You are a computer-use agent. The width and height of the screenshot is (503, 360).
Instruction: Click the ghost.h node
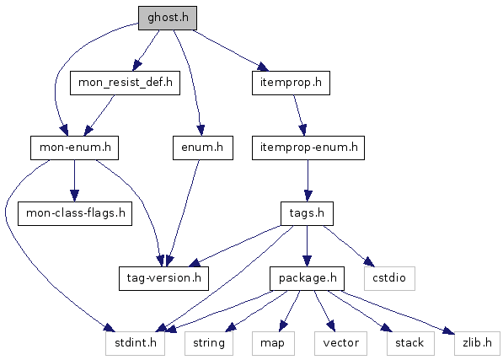(x=168, y=18)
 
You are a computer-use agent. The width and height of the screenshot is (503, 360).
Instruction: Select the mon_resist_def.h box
(x=125, y=83)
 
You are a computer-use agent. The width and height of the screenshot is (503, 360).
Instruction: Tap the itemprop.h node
(x=291, y=83)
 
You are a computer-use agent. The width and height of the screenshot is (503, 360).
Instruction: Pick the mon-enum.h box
(x=74, y=148)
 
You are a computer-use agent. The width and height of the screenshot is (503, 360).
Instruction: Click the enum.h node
(x=203, y=148)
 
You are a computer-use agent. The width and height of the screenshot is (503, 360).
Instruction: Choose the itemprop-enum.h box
(x=308, y=148)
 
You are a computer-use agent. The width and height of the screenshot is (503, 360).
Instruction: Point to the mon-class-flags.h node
(x=75, y=213)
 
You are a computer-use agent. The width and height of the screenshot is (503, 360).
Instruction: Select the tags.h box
(x=307, y=213)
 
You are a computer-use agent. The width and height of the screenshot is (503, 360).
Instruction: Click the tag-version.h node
(x=163, y=278)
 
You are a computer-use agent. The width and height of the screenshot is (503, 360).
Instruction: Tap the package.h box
(x=307, y=278)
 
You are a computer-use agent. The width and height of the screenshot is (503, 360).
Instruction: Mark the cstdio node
(x=389, y=278)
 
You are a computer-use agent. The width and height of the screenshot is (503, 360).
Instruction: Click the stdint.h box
(x=135, y=343)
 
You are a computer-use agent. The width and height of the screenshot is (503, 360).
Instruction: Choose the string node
(x=209, y=343)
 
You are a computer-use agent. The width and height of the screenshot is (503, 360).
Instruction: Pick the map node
(x=273, y=343)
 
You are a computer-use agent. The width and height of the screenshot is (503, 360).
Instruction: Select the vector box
(x=340, y=343)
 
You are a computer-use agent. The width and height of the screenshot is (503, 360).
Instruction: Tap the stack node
(x=410, y=343)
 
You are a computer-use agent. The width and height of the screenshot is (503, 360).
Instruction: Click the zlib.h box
(x=477, y=343)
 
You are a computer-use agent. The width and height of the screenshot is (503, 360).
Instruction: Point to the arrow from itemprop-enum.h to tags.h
(x=308, y=180)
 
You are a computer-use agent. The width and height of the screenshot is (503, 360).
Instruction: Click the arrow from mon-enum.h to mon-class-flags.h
(x=74, y=180)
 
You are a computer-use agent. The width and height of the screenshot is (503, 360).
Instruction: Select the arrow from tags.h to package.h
(x=307, y=246)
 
